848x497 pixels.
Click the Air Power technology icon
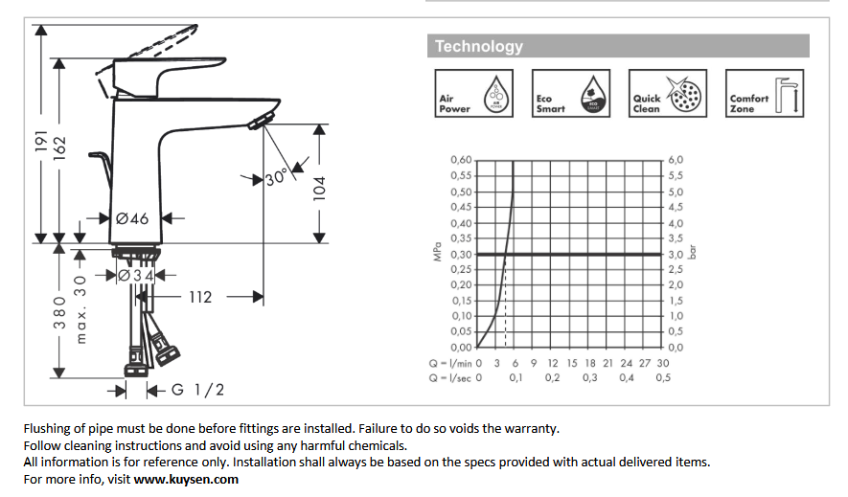coord(473,94)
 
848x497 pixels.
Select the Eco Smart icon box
coord(570,94)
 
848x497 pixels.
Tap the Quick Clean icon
coord(667,94)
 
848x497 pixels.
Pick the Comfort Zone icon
coord(765,94)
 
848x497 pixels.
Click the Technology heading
coord(479,47)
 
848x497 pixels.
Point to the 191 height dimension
coord(41,141)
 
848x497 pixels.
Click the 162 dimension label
coord(59,148)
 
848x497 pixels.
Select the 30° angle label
coord(276,177)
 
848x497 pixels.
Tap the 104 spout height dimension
coord(320,189)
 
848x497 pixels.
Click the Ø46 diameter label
coord(132,218)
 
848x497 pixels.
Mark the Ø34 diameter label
coord(136,276)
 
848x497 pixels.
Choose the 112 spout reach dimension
coord(200,297)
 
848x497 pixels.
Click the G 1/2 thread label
coord(197,390)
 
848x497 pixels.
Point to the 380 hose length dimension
coord(59,312)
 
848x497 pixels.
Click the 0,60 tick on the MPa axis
coord(461,160)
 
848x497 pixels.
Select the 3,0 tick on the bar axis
coord(676,254)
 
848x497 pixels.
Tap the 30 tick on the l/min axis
coord(663,363)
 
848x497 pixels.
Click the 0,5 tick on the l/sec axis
coord(663,377)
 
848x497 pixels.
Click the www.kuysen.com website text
coord(186,479)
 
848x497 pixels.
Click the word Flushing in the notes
coord(47,429)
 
